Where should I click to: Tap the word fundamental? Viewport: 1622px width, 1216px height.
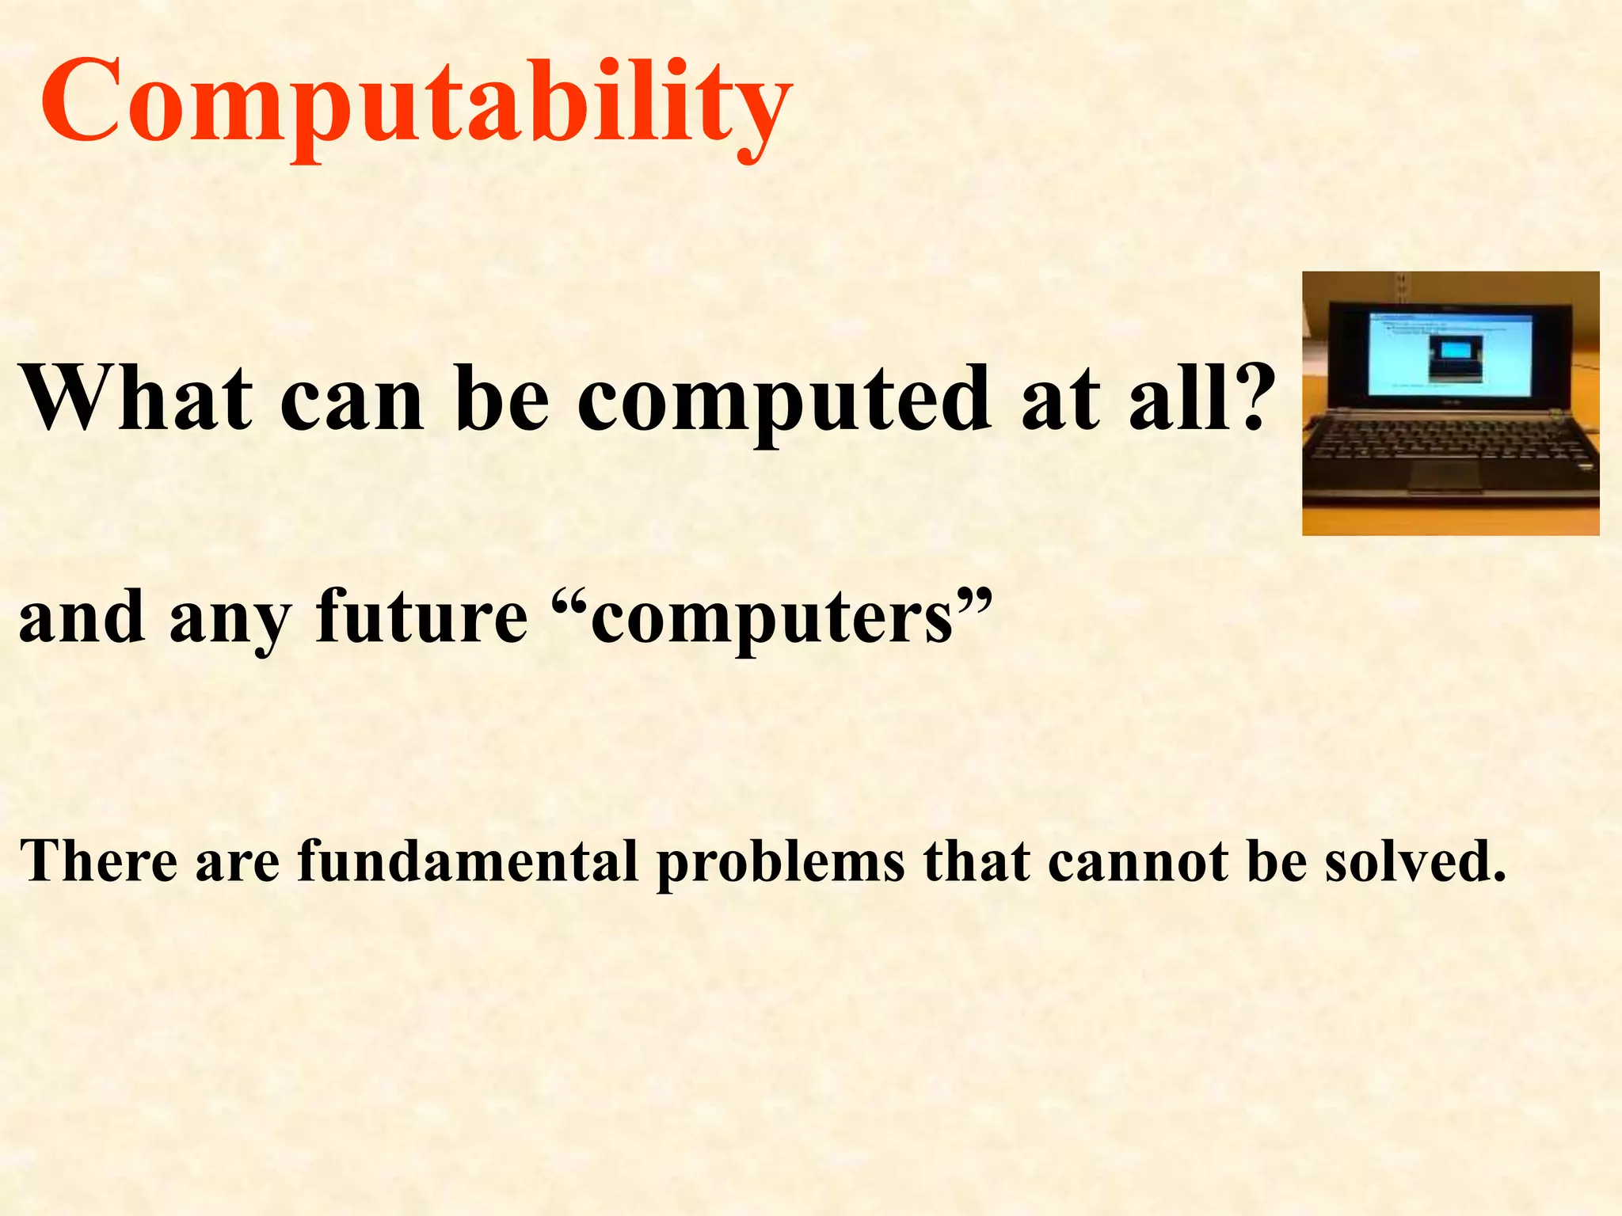[x=467, y=861]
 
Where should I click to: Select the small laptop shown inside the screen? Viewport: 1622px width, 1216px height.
[x=1456, y=357]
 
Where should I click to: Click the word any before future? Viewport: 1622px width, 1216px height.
[x=230, y=621]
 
